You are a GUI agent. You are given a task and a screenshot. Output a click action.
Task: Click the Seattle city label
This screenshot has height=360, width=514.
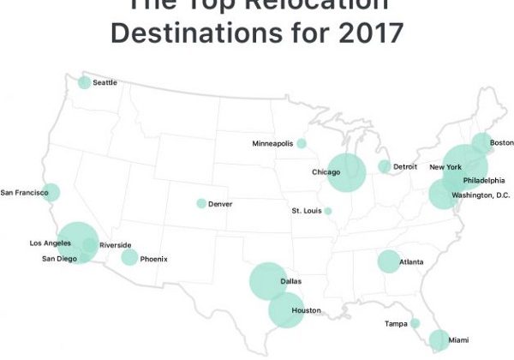[x=105, y=82]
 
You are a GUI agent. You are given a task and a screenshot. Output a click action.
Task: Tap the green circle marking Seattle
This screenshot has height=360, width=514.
[x=84, y=82]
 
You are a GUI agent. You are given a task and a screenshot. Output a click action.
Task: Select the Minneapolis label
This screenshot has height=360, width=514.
[x=272, y=143]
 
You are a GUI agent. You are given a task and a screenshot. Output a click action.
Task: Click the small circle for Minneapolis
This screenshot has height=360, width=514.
[x=302, y=143]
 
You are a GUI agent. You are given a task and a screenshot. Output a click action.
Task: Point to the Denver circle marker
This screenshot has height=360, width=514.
[x=201, y=204]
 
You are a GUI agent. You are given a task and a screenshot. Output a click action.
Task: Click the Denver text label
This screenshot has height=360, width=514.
[x=220, y=204]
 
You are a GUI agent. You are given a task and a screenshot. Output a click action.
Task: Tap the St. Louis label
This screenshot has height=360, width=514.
[x=306, y=210]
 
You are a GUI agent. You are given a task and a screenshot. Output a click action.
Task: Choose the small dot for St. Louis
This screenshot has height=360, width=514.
[x=328, y=211]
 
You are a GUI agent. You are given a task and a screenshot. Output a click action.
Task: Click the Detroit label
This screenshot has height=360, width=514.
[x=404, y=165]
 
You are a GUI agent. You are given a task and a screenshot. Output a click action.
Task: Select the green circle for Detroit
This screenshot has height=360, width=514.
[x=385, y=166]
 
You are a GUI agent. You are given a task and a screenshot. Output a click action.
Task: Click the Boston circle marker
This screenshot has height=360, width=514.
[x=482, y=143]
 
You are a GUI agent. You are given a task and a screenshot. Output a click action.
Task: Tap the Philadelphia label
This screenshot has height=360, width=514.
[x=483, y=180]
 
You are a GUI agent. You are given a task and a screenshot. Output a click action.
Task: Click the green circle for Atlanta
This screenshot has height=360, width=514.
[x=388, y=261]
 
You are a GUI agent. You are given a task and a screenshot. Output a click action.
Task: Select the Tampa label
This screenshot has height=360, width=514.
[x=395, y=323]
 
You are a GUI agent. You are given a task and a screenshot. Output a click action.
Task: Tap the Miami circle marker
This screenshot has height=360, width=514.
[x=439, y=340]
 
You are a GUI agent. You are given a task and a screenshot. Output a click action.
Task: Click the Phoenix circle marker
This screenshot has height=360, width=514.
[x=129, y=257]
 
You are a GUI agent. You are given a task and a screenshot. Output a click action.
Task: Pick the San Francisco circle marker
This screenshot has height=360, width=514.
[x=51, y=192]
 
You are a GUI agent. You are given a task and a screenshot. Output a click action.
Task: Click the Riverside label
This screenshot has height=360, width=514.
[x=115, y=245]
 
